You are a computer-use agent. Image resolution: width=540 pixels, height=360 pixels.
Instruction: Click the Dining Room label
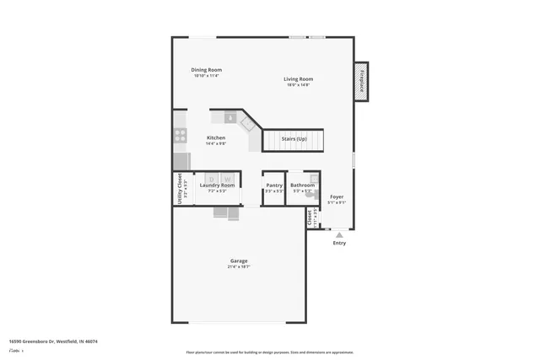[208, 70]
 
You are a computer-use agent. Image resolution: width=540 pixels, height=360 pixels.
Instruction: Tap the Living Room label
[298, 79]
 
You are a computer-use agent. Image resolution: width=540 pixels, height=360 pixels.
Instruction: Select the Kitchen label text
[216, 137]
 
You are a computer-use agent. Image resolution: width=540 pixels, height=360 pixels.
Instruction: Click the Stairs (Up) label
[294, 137]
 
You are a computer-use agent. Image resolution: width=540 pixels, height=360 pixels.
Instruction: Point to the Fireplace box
[360, 83]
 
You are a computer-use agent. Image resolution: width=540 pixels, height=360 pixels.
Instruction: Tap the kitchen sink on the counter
[229, 118]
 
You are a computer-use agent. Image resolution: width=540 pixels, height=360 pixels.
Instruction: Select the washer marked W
[227, 179]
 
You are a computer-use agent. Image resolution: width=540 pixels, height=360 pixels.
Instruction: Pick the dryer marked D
[213, 179]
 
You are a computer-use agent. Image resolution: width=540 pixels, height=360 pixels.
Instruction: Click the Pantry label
[274, 185]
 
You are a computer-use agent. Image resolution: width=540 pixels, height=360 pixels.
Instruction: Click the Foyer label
[337, 196]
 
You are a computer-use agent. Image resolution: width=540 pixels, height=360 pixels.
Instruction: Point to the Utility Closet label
[180, 188]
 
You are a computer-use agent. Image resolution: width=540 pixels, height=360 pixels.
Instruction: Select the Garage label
[239, 261]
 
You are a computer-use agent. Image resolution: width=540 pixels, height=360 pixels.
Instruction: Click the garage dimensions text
[239, 267]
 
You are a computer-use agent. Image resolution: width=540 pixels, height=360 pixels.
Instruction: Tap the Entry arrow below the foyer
[339, 234]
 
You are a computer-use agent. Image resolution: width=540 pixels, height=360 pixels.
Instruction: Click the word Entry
[339, 243]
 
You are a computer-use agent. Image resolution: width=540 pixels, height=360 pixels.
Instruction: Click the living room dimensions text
[298, 85]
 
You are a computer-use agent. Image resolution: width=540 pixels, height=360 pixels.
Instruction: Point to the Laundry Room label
[217, 185]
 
